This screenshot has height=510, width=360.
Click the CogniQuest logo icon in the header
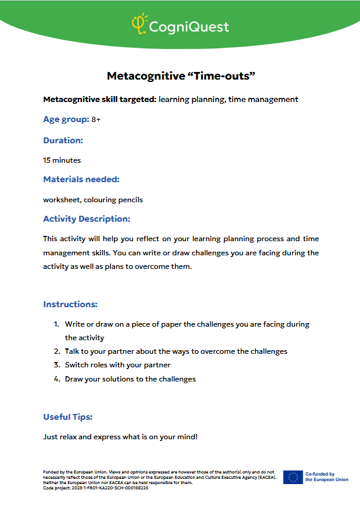tap(139, 25)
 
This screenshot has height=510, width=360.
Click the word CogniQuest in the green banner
tap(188, 27)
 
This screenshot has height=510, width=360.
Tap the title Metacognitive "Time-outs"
tap(180, 76)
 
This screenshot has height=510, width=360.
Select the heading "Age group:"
tap(66, 120)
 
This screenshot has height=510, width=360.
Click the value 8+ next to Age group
tap(96, 120)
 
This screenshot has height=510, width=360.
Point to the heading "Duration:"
tap(63, 140)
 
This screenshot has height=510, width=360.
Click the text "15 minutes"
tap(62, 160)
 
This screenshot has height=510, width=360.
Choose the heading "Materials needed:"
tap(81, 179)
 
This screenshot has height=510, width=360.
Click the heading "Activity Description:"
tap(87, 219)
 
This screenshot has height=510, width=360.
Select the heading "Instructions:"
tap(70, 304)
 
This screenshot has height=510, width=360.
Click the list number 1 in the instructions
tap(57, 324)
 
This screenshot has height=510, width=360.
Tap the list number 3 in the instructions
tap(57, 365)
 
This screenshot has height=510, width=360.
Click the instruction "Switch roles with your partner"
tap(117, 365)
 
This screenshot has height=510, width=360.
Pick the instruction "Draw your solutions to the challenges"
tap(130, 379)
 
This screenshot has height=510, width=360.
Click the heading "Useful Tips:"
tap(68, 417)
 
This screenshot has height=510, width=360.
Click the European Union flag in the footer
tap(293, 477)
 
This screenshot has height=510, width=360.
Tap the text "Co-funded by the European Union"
tap(326, 477)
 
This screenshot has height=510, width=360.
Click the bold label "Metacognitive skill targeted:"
tap(100, 99)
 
